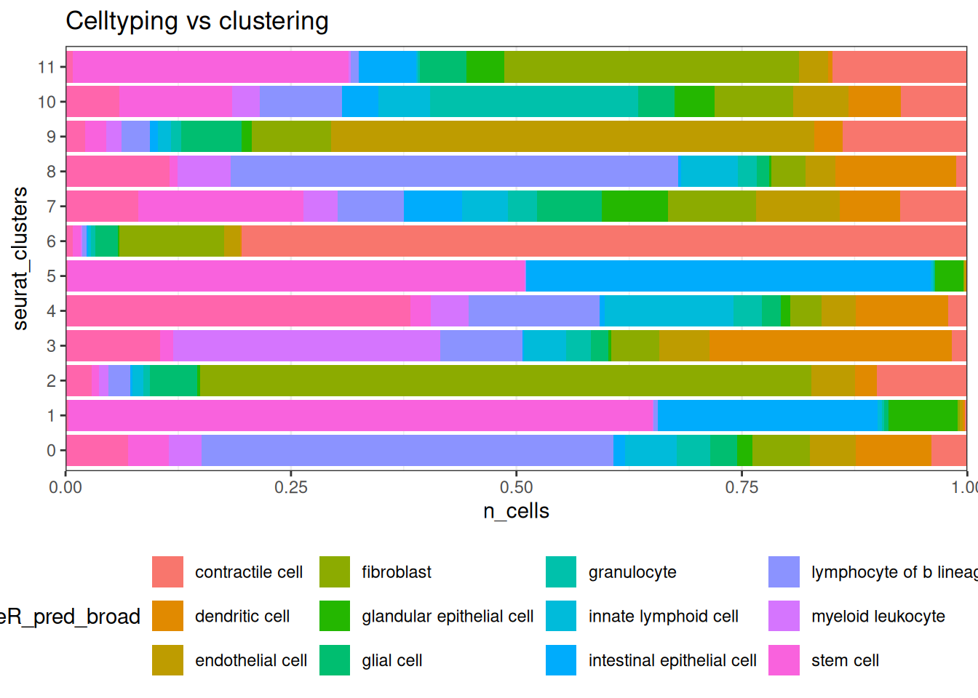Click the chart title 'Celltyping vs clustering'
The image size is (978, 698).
click(196, 21)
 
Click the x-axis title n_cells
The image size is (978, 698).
click(516, 511)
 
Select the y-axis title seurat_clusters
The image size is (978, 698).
click(20, 258)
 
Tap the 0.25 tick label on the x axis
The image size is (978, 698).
click(291, 487)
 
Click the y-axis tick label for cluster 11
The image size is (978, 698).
click(47, 67)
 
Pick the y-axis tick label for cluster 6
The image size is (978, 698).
click(51, 241)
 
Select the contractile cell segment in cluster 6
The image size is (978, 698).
click(603, 241)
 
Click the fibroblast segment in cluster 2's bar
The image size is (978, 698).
click(506, 381)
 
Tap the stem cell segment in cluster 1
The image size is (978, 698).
click(360, 416)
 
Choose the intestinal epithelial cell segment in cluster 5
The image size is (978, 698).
click(729, 276)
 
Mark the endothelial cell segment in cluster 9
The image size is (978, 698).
click(573, 137)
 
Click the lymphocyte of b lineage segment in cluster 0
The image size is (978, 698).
click(407, 451)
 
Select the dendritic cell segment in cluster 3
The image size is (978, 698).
click(830, 346)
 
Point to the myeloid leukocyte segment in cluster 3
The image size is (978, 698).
click(306, 346)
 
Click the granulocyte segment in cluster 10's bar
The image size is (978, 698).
click(534, 102)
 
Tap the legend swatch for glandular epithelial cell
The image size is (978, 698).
click(335, 616)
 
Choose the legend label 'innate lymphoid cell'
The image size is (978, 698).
click(663, 617)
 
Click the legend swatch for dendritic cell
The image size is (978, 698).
click(167, 616)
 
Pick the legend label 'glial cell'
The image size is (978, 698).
click(391, 661)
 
